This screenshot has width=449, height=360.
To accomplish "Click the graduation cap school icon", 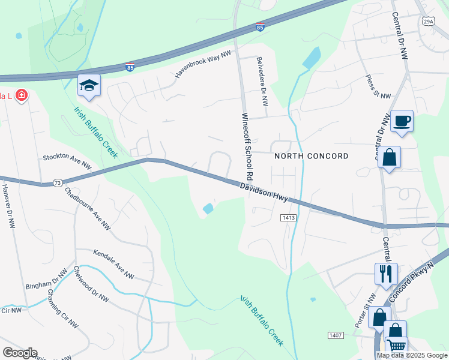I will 89,86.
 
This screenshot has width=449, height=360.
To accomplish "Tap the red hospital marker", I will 22,95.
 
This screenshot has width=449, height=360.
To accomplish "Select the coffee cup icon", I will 402,122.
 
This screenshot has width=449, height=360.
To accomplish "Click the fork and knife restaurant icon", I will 386,274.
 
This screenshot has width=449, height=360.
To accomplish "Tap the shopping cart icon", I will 397,346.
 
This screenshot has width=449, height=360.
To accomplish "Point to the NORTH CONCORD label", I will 311,156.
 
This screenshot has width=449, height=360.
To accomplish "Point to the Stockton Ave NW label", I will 67,161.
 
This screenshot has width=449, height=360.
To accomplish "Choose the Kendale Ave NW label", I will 113,265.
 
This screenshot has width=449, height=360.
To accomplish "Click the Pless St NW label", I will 378,88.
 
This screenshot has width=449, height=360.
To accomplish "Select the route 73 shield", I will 57,182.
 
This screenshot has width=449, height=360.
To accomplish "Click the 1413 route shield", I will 286,218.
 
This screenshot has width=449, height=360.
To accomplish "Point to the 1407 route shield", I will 335,334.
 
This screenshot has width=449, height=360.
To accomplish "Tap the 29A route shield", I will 427,22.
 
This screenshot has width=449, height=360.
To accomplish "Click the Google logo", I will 19,353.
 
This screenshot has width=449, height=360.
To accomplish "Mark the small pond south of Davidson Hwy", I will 208,209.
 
